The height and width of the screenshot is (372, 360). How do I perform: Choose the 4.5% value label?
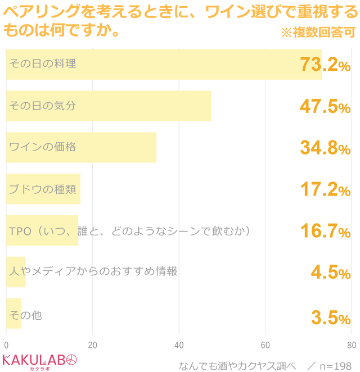331,273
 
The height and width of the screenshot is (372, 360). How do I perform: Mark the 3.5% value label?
331,317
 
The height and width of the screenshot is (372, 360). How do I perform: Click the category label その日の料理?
42,64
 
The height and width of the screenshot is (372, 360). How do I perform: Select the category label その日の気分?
42,106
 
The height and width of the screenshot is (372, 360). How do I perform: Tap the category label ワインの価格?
42,147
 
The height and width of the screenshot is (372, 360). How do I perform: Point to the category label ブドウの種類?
42,189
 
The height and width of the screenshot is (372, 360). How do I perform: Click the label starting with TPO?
129,231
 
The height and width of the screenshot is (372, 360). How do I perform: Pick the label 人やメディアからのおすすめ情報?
93,272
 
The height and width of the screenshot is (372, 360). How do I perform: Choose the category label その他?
25,316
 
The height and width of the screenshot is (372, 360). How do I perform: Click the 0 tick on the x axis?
6,345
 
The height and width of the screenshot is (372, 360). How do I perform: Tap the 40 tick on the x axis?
179,345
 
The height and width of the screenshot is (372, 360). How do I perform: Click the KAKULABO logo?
40,361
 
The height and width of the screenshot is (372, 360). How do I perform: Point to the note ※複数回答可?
318,33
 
